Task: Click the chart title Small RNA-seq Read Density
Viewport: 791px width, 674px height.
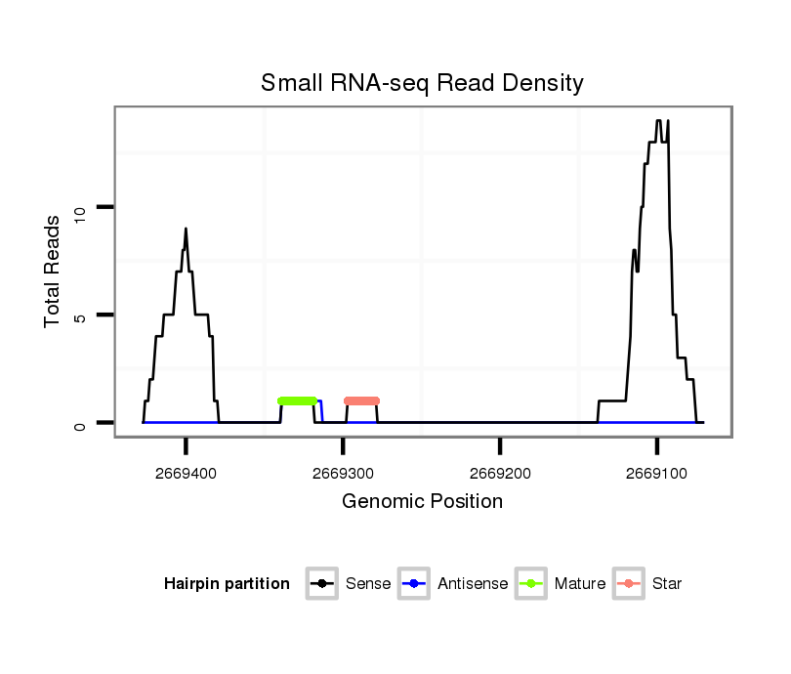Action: pyautogui.click(x=422, y=83)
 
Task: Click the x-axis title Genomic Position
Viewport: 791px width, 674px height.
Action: pyautogui.click(x=422, y=502)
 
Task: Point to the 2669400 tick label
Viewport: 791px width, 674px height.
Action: pyautogui.click(x=185, y=474)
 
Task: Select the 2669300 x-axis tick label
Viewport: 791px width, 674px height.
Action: pyautogui.click(x=342, y=474)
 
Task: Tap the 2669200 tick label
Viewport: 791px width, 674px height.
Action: pyautogui.click(x=499, y=474)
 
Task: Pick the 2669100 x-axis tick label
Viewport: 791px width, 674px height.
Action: pyautogui.click(x=657, y=474)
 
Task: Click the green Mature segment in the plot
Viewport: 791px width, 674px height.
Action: pyautogui.click(x=297, y=400)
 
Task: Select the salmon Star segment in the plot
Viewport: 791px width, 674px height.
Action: pyautogui.click(x=361, y=400)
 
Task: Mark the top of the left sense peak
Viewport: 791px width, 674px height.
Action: pyautogui.click(x=186, y=230)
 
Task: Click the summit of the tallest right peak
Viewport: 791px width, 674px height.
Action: pyautogui.click(x=659, y=121)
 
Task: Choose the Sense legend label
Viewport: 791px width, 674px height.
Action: pyautogui.click(x=368, y=584)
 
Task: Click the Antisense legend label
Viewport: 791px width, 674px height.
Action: pyautogui.click(x=473, y=584)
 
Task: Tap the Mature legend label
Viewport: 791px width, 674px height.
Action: pyautogui.click(x=579, y=584)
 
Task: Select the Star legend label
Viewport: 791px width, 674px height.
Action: pyautogui.click(x=666, y=584)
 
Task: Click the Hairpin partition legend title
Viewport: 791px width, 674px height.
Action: pyautogui.click(x=227, y=584)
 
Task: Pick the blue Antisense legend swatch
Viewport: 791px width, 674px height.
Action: pyautogui.click(x=414, y=584)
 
